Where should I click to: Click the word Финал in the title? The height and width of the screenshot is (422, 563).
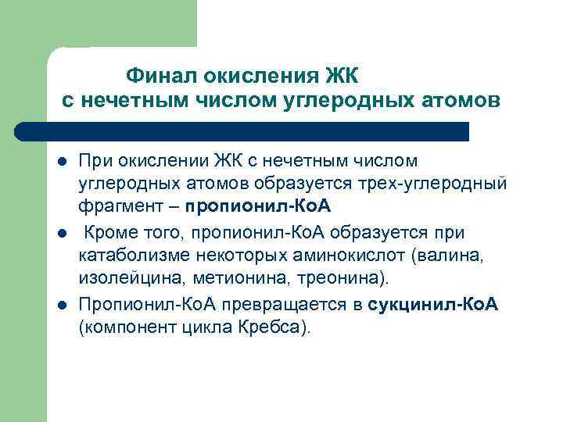[162, 76]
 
